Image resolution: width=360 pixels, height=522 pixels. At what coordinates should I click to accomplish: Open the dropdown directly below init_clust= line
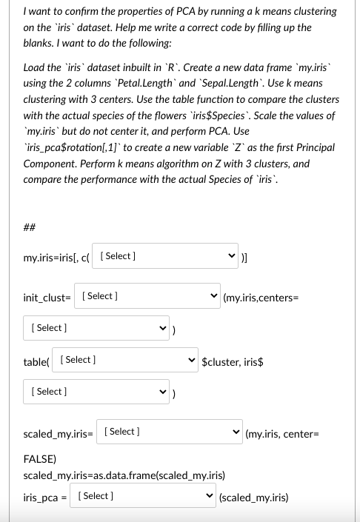tap(97, 327)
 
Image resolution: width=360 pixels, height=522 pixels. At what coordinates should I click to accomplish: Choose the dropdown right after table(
tap(127, 360)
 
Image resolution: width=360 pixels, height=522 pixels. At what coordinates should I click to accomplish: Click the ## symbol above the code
tap(30, 227)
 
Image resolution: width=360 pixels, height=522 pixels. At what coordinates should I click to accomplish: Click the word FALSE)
tap(42, 459)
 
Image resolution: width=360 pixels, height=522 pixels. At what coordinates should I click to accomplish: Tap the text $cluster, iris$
tap(233, 362)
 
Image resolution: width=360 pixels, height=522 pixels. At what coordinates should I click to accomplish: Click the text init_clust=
tap(47, 297)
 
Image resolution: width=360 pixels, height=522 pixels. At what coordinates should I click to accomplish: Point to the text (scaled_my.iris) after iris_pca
tap(254, 498)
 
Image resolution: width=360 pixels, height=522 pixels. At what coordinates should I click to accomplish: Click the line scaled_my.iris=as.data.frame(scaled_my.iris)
tap(124, 475)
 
